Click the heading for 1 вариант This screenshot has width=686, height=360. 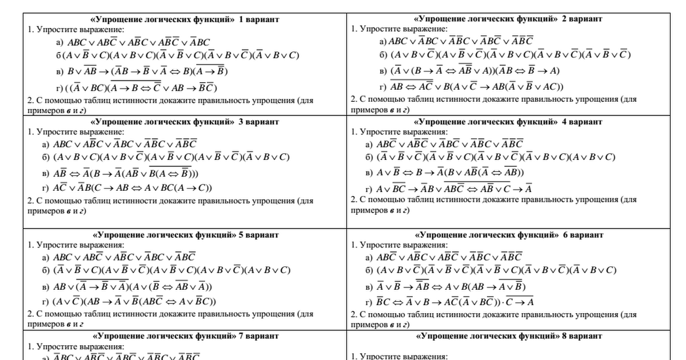tap(185, 19)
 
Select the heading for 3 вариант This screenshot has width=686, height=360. tap(185, 122)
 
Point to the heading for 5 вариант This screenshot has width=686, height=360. tap(185, 235)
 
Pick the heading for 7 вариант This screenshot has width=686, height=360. tap(185, 336)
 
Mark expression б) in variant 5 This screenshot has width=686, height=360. tap(171, 270)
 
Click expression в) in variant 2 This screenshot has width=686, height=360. tap(474, 71)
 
